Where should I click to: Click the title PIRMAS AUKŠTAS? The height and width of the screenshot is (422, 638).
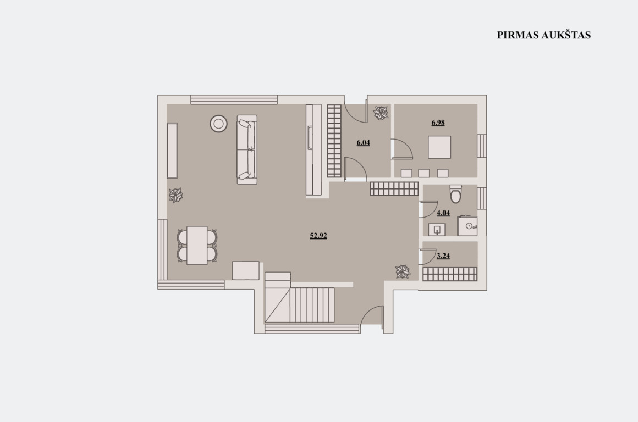(x=543, y=35)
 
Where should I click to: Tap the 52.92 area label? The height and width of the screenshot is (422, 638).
(x=318, y=236)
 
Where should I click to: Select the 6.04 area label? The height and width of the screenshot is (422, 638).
(x=363, y=143)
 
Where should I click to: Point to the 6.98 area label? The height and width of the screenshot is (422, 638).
(x=438, y=123)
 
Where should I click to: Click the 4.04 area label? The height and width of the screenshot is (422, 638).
(x=443, y=213)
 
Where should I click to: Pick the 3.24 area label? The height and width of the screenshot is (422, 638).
(x=443, y=256)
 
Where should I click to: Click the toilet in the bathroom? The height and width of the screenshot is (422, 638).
(x=456, y=194)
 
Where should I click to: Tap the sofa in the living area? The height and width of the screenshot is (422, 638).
(x=247, y=149)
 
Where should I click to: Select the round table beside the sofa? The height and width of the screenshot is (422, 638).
(x=218, y=124)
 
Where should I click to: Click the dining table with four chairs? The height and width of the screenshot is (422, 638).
(x=197, y=246)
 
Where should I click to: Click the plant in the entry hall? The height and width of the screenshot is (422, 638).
(x=381, y=113)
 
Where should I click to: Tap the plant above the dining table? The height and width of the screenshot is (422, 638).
(x=176, y=196)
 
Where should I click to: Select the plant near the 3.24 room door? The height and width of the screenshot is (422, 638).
(x=403, y=271)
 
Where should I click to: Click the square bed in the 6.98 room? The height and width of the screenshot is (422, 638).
(x=439, y=147)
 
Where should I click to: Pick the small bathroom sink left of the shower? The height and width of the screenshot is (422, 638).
(x=437, y=230)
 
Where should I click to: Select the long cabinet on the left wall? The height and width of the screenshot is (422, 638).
(x=172, y=151)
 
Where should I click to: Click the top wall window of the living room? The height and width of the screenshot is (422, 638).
(x=234, y=99)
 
